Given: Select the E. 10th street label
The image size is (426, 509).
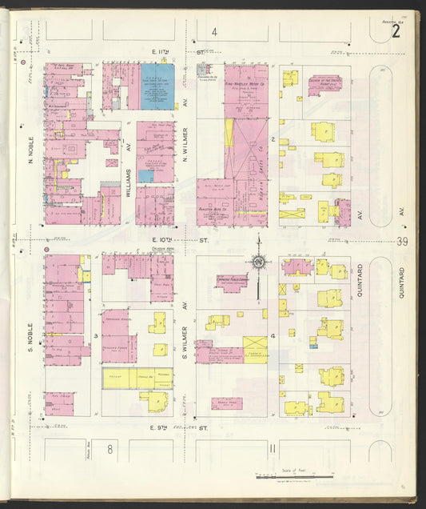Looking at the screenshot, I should coord(179,238).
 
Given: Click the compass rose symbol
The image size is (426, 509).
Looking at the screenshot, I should coord(258,262).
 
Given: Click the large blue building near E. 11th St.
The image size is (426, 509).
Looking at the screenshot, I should coord(160,86).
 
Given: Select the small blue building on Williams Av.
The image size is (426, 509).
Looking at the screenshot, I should coord(145,175).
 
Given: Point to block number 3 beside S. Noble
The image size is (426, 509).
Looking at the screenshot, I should coord(96,337).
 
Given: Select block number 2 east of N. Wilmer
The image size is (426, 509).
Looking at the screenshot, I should coord(273,139).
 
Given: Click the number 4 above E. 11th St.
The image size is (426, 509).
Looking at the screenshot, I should coord(213,32).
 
